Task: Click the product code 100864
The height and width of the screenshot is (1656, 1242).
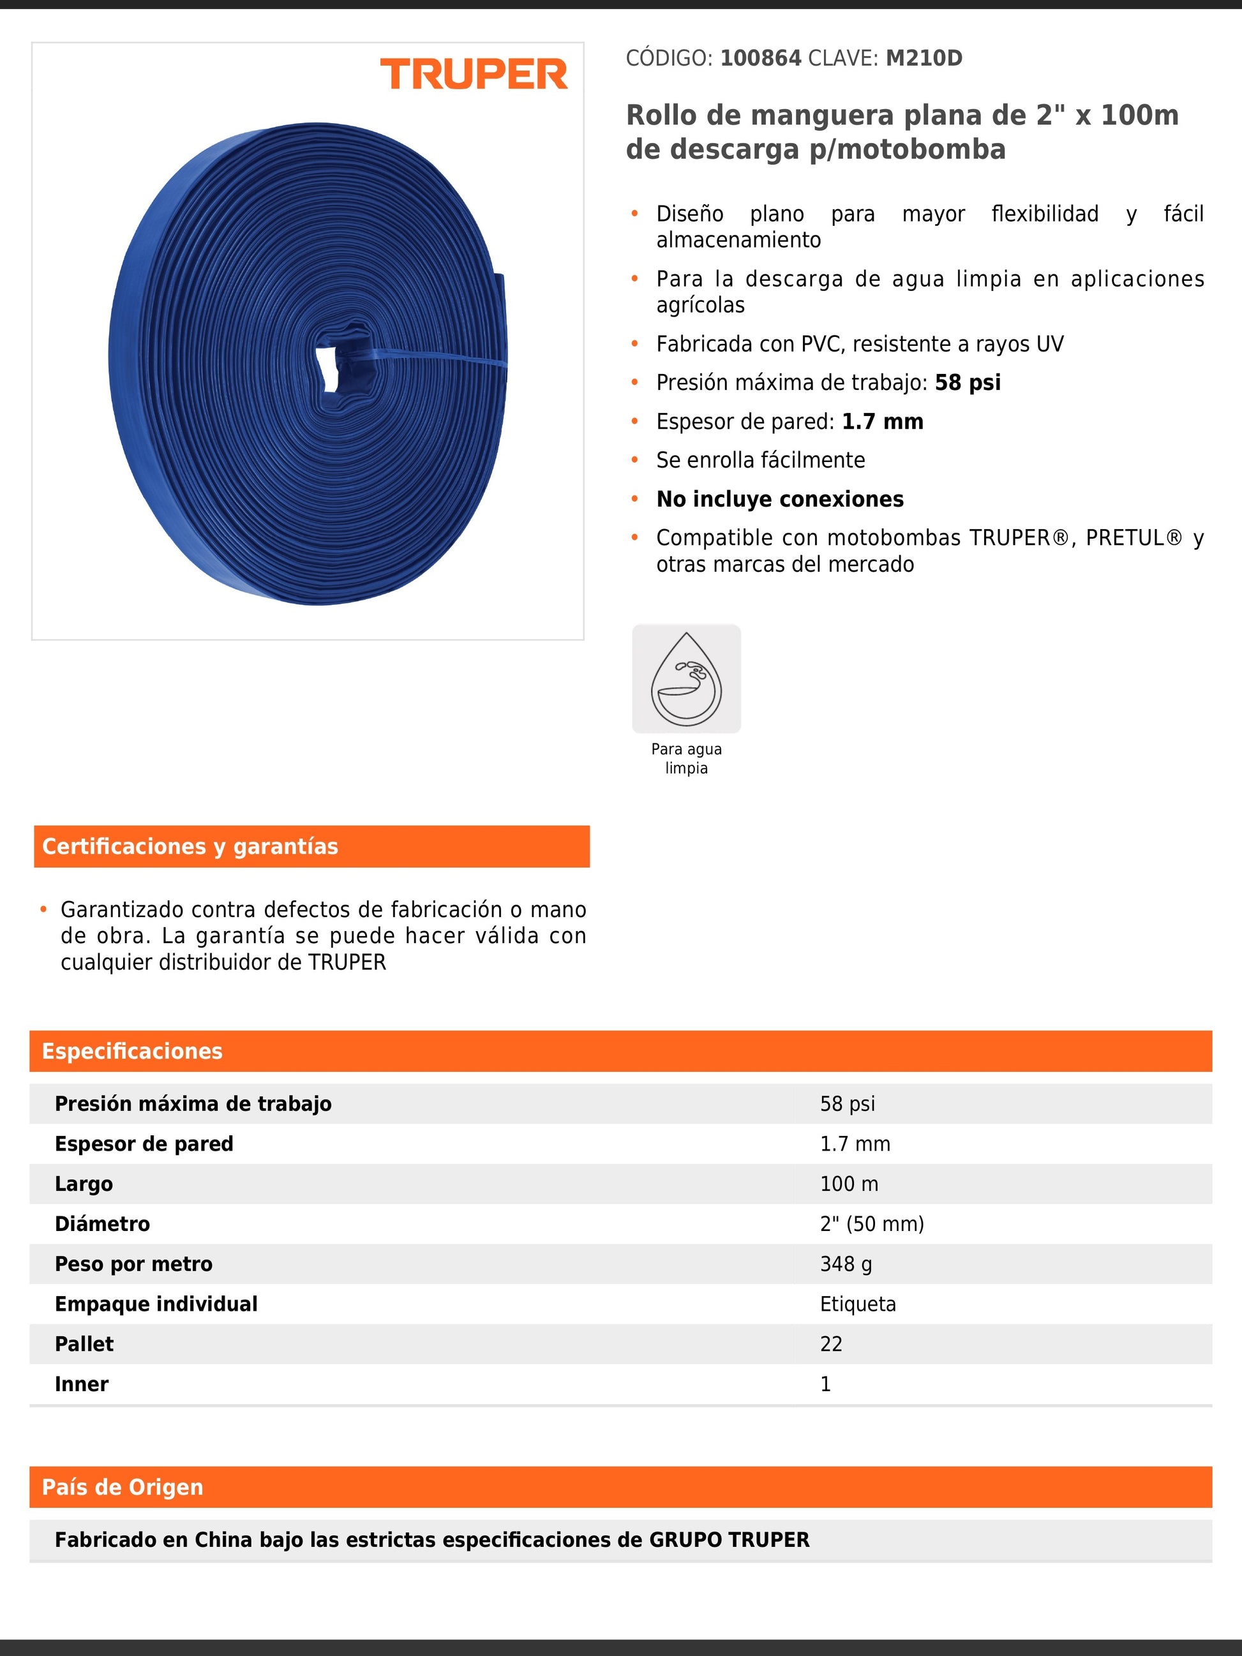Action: click(x=760, y=59)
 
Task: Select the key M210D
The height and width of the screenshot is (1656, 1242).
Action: click(x=924, y=59)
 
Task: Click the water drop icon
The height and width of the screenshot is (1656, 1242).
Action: click(x=685, y=678)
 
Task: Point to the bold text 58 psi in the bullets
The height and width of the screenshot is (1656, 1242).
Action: click(x=968, y=382)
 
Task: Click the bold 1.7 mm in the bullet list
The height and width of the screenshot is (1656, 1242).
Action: click(x=882, y=421)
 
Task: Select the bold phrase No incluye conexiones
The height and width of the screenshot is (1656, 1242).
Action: click(x=779, y=499)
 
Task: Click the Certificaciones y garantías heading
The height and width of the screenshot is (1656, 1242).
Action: click(x=190, y=847)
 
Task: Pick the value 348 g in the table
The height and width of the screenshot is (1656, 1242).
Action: click(x=846, y=1264)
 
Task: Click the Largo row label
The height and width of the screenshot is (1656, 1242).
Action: click(x=84, y=1184)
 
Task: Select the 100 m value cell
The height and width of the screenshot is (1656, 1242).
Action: click(x=849, y=1184)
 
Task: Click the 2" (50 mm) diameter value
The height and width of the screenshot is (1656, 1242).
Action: click(x=871, y=1224)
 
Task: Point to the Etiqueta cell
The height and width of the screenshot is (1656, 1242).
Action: click(x=857, y=1304)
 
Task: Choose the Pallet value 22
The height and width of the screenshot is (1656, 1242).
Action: click(x=831, y=1345)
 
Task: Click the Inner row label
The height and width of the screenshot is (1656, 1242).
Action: click(x=82, y=1384)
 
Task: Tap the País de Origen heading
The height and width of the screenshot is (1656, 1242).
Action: click(x=123, y=1488)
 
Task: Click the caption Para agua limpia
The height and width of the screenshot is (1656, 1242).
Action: click(x=685, y=758)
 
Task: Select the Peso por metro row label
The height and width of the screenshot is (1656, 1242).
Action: click(x=133, y=1264)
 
